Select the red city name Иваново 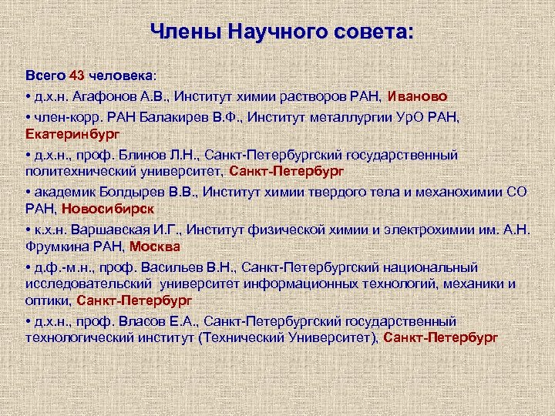point(422,96)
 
